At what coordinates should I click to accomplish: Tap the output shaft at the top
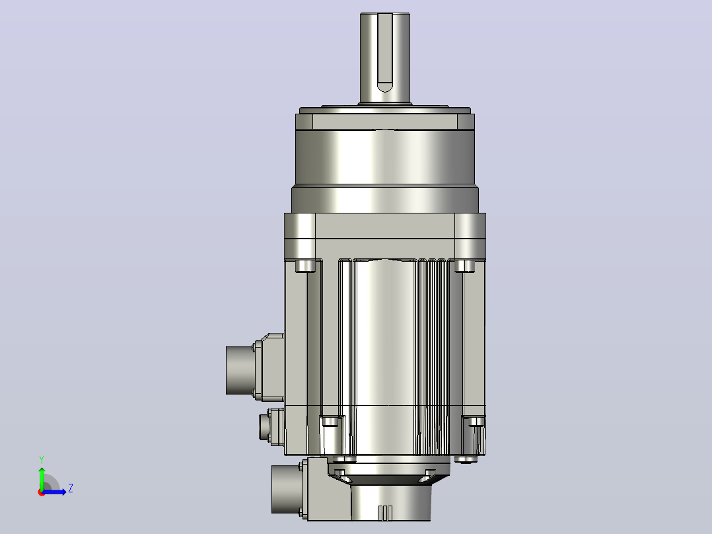point(385,58)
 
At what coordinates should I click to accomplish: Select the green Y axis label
point(42,459)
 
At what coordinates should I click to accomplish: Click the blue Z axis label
point(71,488)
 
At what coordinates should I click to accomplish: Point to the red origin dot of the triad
point(42,492)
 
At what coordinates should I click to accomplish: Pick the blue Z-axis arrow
point(54,492)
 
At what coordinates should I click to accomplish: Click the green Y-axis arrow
point(42,478)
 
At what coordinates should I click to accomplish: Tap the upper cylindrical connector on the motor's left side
point(240,370)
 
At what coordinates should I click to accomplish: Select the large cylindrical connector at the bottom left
point(286,489)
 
